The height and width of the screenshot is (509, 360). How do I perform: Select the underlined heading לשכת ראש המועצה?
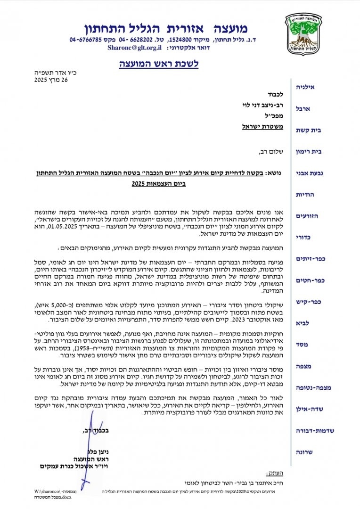point(158,63)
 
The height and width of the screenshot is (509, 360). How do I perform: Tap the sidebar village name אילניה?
point(304,88)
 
